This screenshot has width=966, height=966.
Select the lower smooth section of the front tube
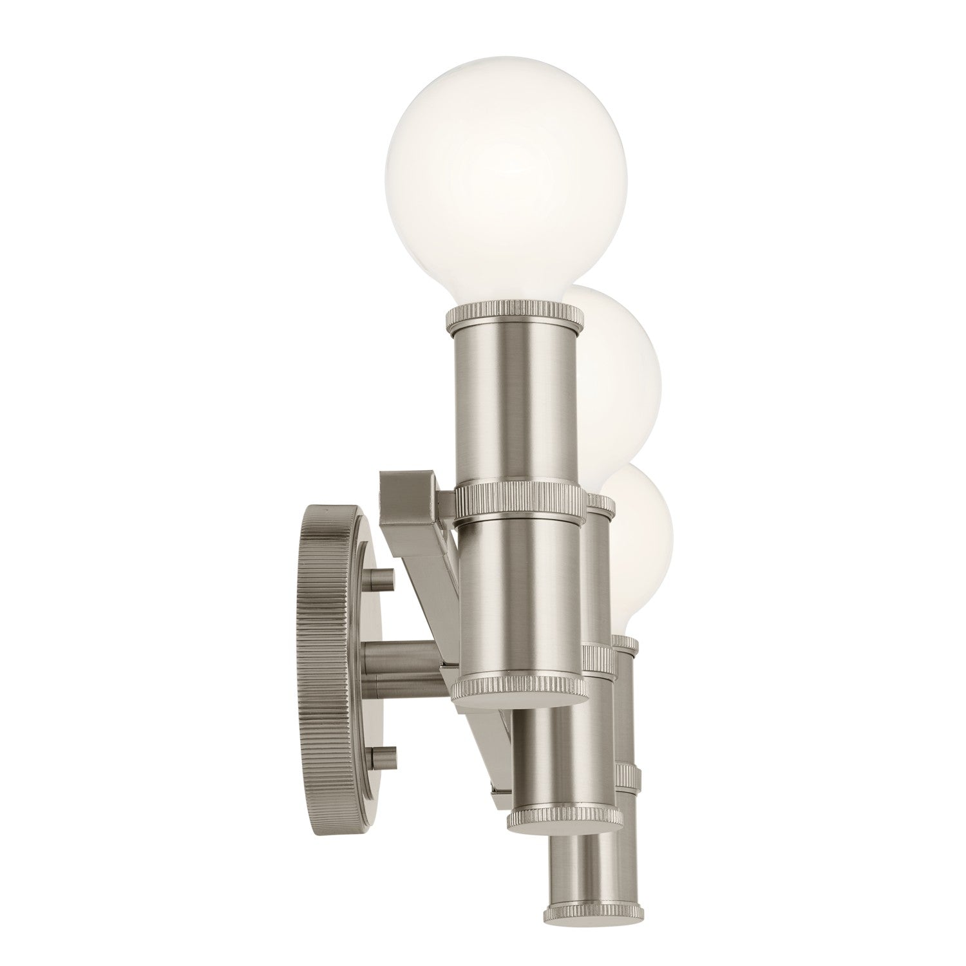click(x=520, y=599)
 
